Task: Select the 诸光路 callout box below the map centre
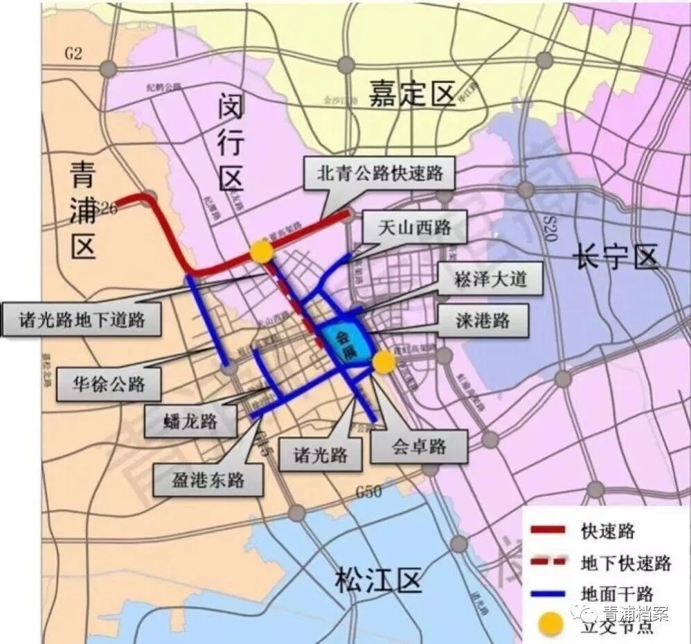tap(320, 455)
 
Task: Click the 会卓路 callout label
tap(418, 446)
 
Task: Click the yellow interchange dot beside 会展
tap(383, 361)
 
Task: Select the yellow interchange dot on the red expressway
tap(261, 252)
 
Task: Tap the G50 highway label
tap(368, 493)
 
